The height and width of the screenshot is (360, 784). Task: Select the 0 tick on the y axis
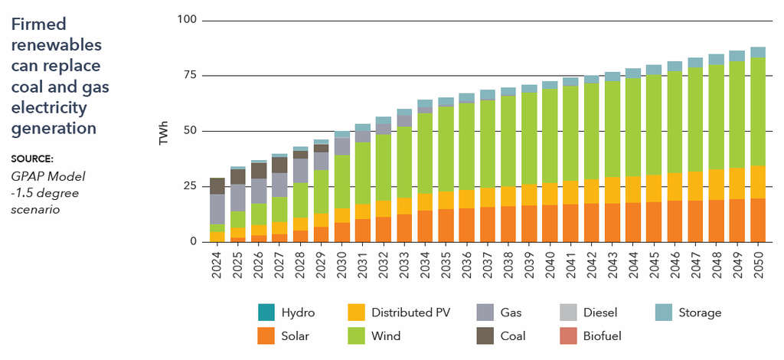pyautogui.click(x=194, y=242)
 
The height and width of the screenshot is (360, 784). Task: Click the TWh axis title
pyautogui.click(x=163, y=131)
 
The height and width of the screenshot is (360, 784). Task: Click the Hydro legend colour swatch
pyautogui.click(x=266, y=313)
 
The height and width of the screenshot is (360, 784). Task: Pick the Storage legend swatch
pyautogui.click(x=665, y=313)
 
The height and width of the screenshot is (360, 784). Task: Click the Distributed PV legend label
pyautogui.click(x=410, y=313)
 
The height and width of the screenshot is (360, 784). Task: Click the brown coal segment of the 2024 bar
pyautogui.click(x=218, y=185)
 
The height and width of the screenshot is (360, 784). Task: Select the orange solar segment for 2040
pyautogui.click(x=550, y=223)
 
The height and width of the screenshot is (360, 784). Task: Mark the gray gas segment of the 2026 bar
pyautogui.click(x=260, y=190)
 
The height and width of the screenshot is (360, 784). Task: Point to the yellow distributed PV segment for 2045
pyautogui.click(x=654, y=188)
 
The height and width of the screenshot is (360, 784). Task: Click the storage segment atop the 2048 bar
pyautogui.click(x=716, y=60)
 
